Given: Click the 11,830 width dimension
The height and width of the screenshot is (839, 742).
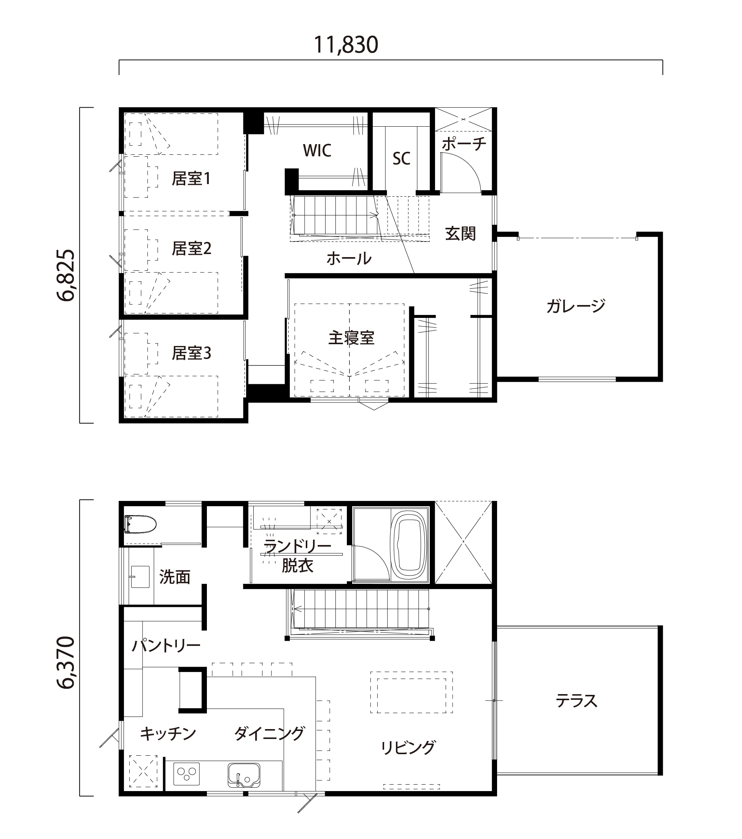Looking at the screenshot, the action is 346,45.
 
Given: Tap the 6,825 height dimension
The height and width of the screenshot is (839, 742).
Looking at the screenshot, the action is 66,275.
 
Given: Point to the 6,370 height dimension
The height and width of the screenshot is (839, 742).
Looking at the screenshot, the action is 66,663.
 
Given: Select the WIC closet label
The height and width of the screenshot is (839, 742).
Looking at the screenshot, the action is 317,151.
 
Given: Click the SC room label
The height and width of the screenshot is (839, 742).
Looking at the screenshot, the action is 401,159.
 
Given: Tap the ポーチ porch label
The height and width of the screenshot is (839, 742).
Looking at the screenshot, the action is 464,144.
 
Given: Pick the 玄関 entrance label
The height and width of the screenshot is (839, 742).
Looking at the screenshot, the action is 461,234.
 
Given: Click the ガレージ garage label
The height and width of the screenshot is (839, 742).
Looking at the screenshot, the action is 575,306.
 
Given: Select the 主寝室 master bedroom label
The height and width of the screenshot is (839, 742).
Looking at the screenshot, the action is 351,338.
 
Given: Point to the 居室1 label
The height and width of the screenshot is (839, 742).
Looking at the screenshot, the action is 191,178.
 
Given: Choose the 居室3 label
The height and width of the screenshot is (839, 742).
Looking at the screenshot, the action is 191,353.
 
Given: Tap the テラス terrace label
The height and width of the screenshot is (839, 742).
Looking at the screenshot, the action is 576,701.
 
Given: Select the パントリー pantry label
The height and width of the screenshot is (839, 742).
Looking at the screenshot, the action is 166,646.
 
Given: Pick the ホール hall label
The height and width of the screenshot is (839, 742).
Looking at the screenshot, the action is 349,259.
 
